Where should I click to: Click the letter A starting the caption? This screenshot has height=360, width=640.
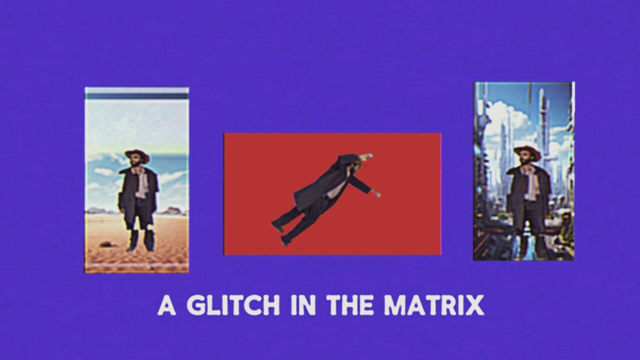click(x=166, y=305)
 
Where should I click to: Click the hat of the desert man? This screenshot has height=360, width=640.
click(x=136, y=154)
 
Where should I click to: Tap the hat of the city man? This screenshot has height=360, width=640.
click(x=527, y=151)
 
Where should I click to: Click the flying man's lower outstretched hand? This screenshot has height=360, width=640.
click(x=376, y=193)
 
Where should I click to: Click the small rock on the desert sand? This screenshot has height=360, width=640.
click(x=106, y=244)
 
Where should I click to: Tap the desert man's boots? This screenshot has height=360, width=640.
click(x=140, y=241)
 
